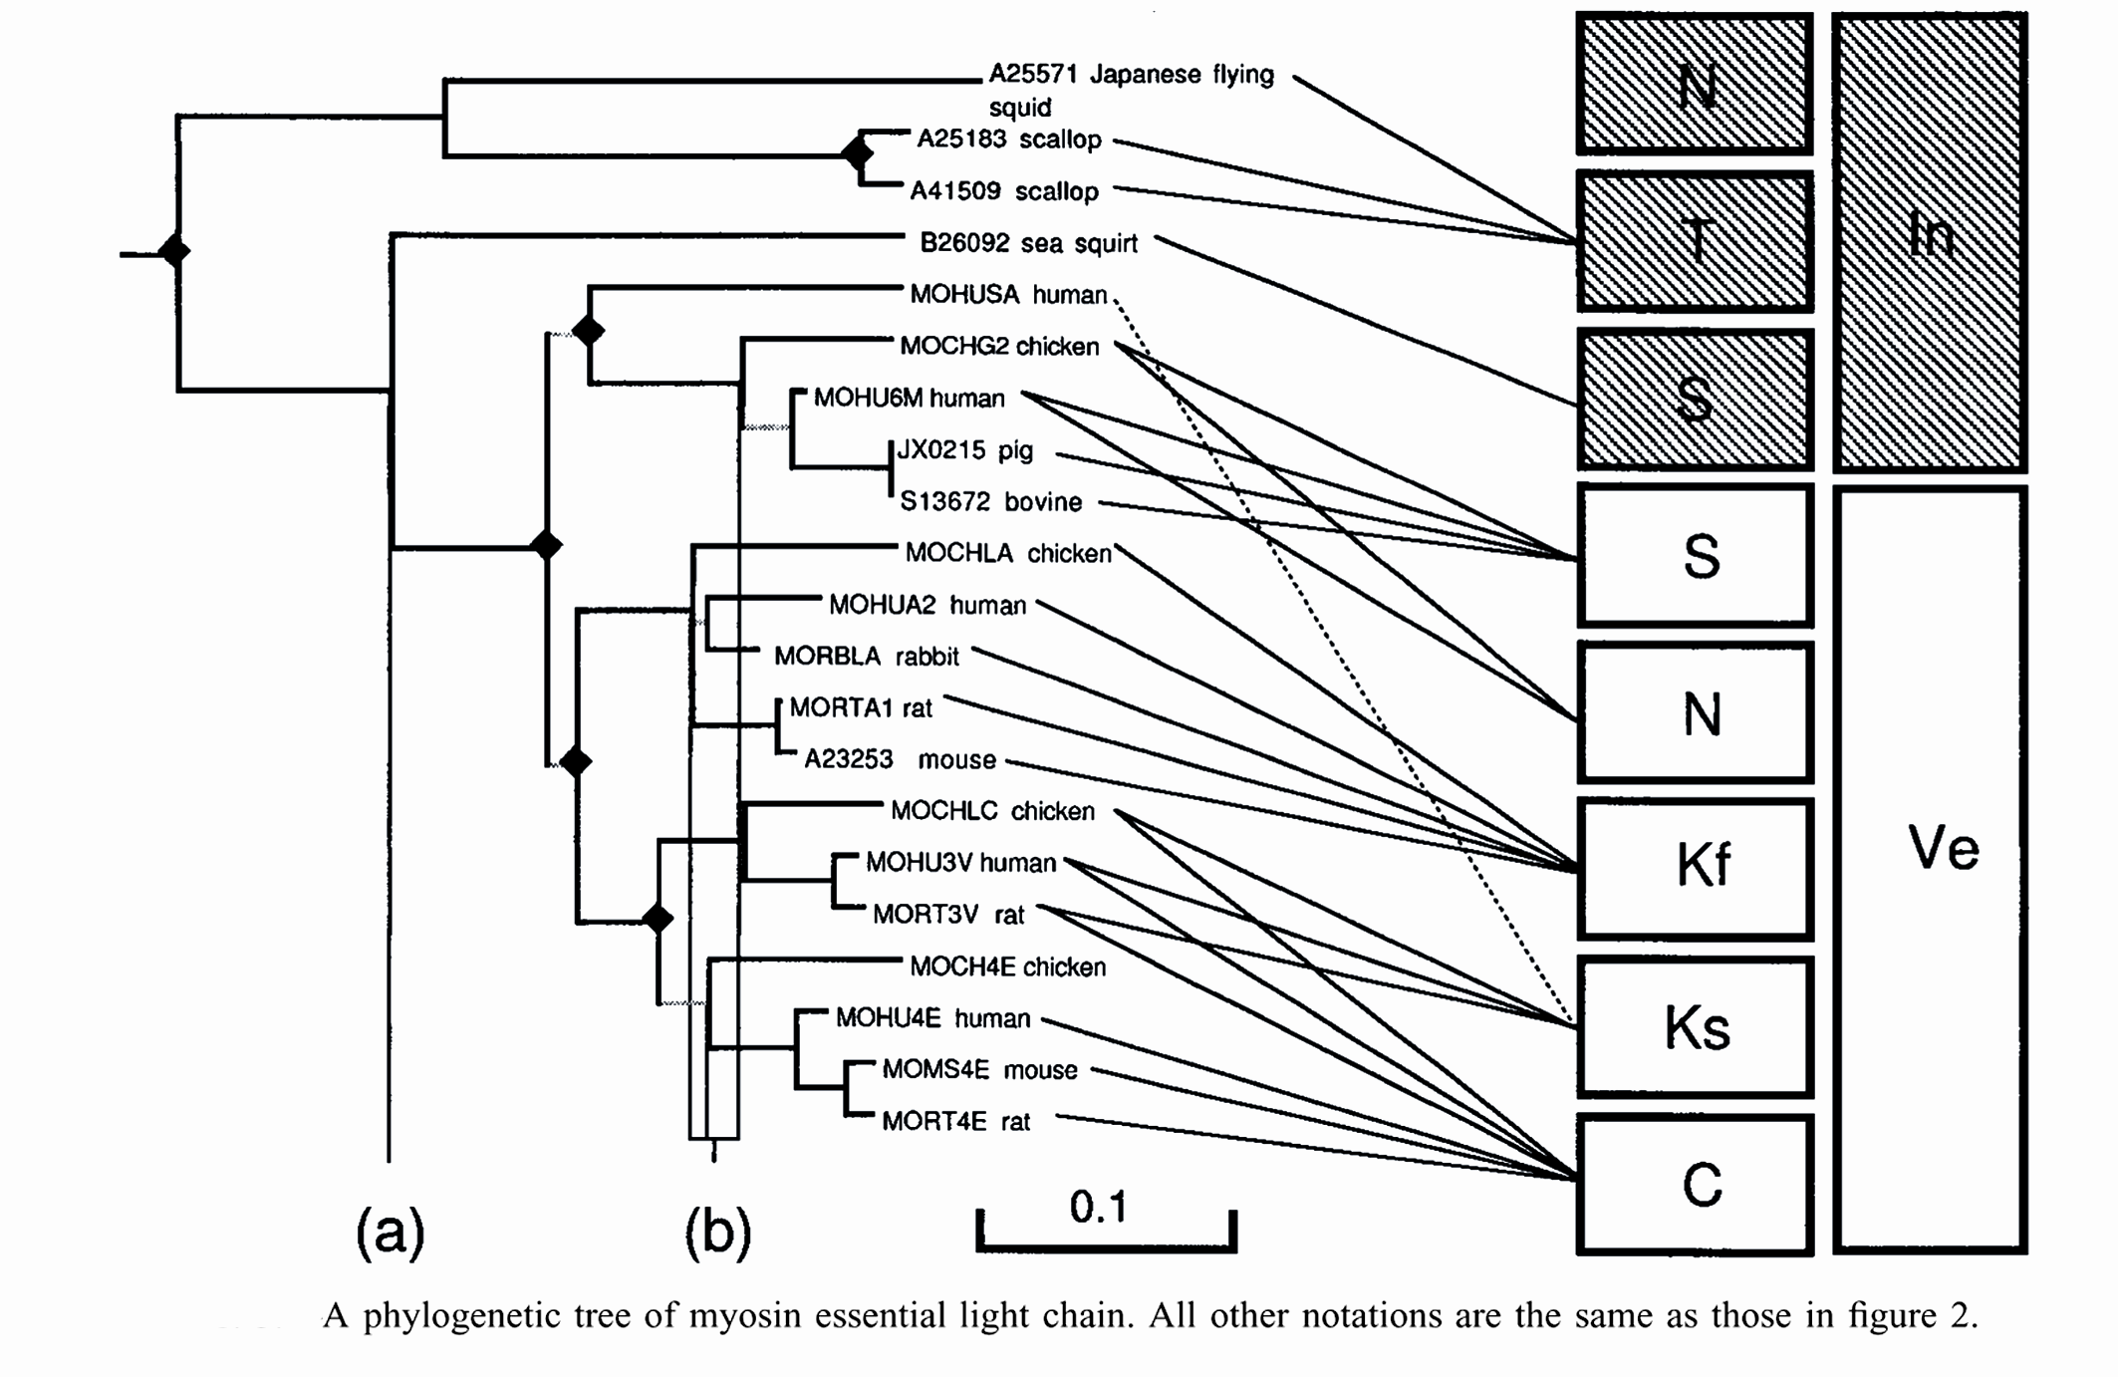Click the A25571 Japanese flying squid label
click(1131, 90)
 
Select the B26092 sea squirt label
click(1028, 243)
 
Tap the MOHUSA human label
click(1008, 295)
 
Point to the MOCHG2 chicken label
click(999, 347)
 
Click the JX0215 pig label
click(964, 450)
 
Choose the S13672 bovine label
click(990, 502)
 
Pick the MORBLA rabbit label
click(866, 657)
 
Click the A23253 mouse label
click(900, 760)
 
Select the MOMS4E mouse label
click(979, 1070)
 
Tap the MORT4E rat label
click(955, 1122)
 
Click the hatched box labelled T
click(1695, 241)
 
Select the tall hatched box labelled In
click(1930, 241)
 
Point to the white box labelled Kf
click(1695, 868)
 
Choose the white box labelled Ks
click(1695, 1026)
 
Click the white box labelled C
click(1695, 1184)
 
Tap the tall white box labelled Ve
click(1931, 868)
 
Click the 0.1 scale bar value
click(1098, 1208)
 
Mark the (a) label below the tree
click(390, 1232)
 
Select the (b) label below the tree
click(717, 1232)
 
